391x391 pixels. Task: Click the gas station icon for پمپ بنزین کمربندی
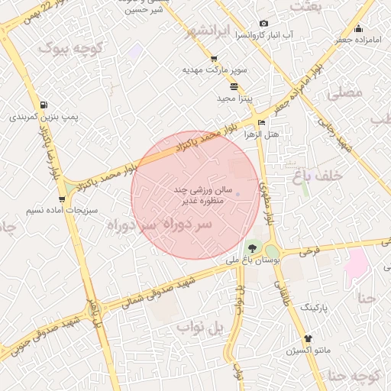pos(44,105)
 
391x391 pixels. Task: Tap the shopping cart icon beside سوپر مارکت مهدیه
pos(214,59)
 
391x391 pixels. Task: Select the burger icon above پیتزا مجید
pos(232,86)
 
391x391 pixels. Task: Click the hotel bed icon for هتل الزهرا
pos(262,123)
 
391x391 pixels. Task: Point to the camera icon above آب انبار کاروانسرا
pos(264,24)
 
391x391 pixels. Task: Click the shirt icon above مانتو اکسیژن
pos(308,338)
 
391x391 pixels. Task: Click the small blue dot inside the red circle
pos(238,194)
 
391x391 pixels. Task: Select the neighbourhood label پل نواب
pos(200,328)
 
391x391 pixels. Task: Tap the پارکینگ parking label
pos(310,306)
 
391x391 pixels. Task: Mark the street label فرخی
pos(309,250)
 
